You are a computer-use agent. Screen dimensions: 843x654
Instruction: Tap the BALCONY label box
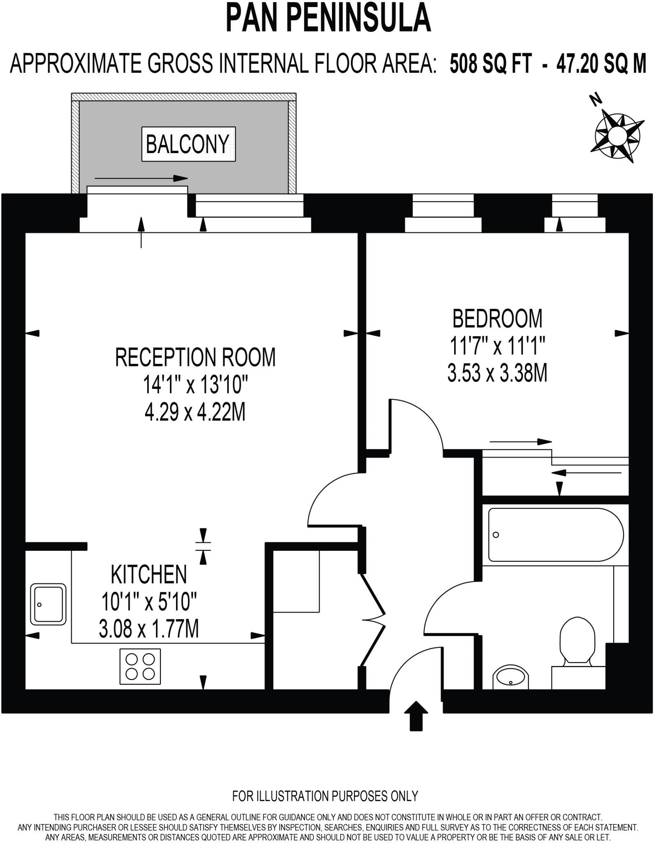click(x=188, y=144)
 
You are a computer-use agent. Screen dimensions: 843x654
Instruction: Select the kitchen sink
click(x=49, y=604)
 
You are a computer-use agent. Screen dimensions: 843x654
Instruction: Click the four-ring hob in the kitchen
click(x=140, y=666)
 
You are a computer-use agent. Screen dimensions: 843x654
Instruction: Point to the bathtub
click(x=555, y=535)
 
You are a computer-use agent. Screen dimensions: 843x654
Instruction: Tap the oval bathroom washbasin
click(x=510, y=676)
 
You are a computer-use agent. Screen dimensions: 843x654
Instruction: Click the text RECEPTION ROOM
click(x=195, y=357)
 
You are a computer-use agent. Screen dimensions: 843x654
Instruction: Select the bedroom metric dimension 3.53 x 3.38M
click(x=497, y=374)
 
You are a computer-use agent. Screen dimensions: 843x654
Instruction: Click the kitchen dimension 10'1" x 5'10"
click(x=149, y=602)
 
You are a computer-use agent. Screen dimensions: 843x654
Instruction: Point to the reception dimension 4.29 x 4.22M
click(x=195, y=412)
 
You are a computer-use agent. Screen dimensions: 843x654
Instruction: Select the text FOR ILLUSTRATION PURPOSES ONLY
click(x=325, y=796)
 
